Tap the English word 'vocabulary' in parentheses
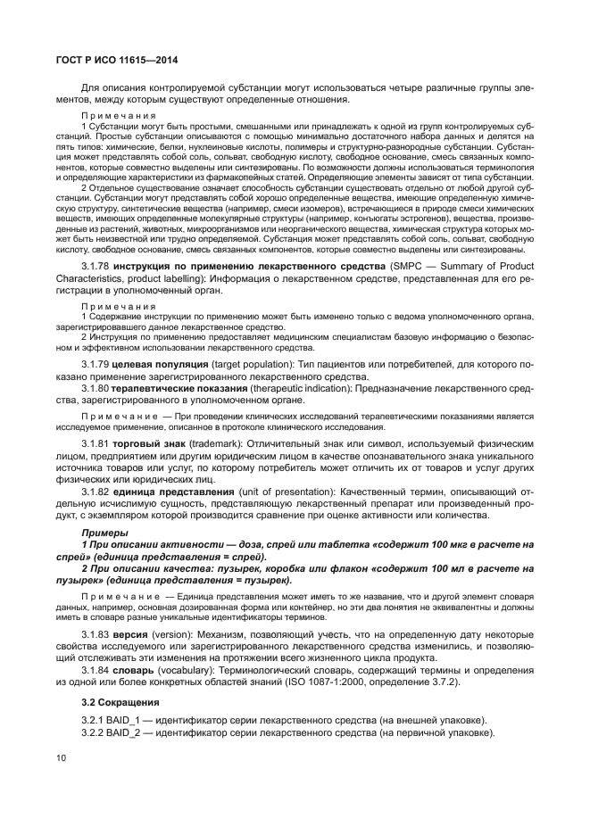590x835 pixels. tap(195, 669)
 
